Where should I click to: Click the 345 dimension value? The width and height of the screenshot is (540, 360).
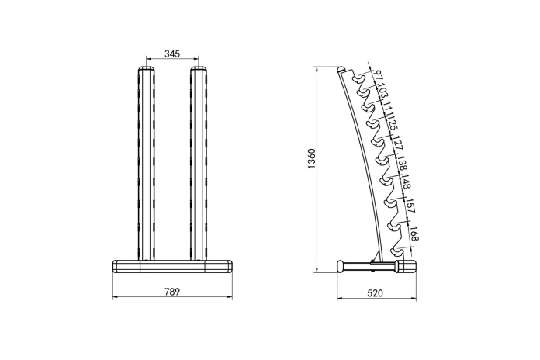coord(172,54)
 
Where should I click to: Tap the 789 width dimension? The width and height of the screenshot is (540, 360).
coord(172,292)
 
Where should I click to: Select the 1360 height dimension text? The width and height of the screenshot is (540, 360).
coord(312,159)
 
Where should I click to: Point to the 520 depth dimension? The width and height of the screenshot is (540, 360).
coord(375,293)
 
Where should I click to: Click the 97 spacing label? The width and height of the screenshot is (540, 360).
coord(379,75)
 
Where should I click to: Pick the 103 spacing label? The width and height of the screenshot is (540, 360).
coord(382,92)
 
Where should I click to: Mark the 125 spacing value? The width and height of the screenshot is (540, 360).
coord(393,124)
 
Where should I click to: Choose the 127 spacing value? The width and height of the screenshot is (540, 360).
coord(397,143)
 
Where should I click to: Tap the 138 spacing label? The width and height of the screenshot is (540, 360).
coord(402,163)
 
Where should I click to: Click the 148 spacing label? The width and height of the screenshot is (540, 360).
coord(407,182)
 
